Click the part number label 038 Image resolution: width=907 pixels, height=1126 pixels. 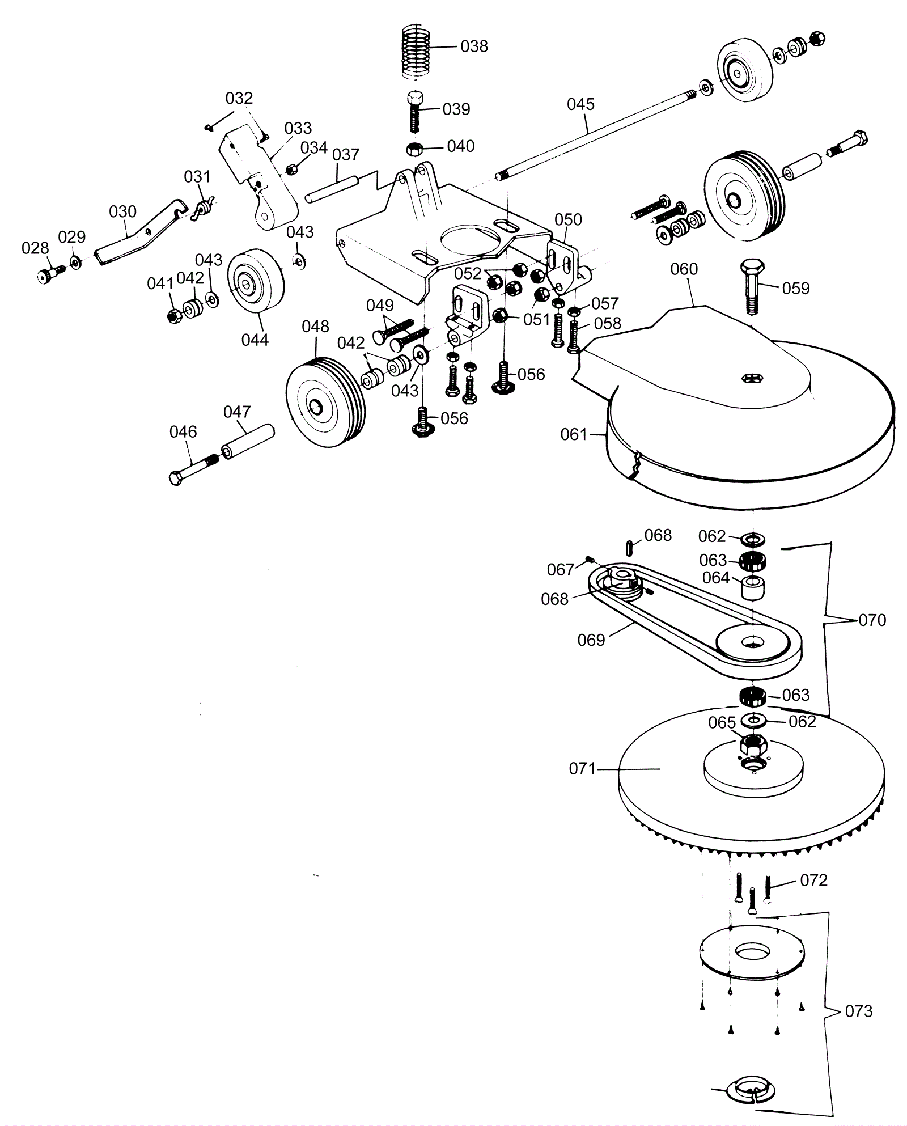(474, 46)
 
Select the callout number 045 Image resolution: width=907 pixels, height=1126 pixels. (580, 104)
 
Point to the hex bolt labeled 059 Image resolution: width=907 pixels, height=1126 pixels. (752, 286)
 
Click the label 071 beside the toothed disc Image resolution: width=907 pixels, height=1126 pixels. (583, 769)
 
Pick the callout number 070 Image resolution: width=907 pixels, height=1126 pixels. (872, 620)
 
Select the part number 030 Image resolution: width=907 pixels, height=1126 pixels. (122, 211)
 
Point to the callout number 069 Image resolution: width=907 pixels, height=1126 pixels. (591, 640)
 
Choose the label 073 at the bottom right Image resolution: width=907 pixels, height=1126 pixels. (858, 1011)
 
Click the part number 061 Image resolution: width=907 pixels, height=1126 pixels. (574, 434)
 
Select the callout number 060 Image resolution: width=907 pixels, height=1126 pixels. (684, 269)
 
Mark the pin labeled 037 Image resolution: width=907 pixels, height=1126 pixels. (332, 188)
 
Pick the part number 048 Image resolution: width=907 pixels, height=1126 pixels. (315, 327)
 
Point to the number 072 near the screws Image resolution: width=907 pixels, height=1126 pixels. (814, 880)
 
